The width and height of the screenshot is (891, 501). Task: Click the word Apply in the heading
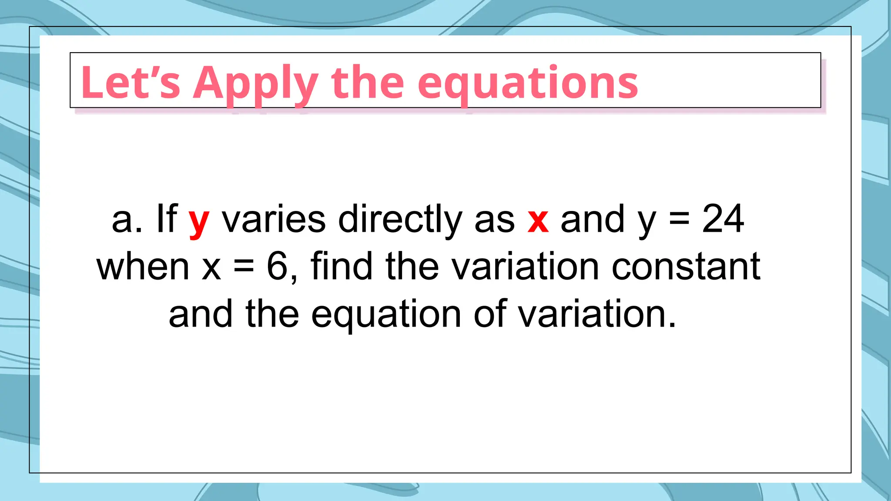pyautogui.click(x=256, y=83)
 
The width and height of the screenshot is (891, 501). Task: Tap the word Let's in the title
pyautogui.click(x=130, y=83)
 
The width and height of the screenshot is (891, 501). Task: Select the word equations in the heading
pyautogui.click(x=527, y=83)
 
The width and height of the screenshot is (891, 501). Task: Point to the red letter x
pyautogui.click(x=538, y=220)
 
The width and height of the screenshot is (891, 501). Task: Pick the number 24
pyautogui.click(x=723, y=219)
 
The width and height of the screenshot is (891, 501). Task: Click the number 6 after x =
pyautogui.click(x=277, y=266)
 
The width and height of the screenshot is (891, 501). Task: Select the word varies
pyautogui.click(x=274, y=219)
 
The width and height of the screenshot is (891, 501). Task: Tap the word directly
pyautogui.click(x=400, y=220)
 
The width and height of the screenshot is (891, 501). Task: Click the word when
pyautogui.click(x=143, y=266)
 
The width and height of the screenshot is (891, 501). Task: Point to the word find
pyautogui.click(x=342, y=266)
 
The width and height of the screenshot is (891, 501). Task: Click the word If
pyautogui.click(x=166, y=219)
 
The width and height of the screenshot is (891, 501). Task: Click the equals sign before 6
pyautogui.click(x=244, y=267)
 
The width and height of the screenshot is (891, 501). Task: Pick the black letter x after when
pyautogui.click(x=211, y=267)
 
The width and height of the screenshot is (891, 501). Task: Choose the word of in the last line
pyautogui.click(x=489, y=314)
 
